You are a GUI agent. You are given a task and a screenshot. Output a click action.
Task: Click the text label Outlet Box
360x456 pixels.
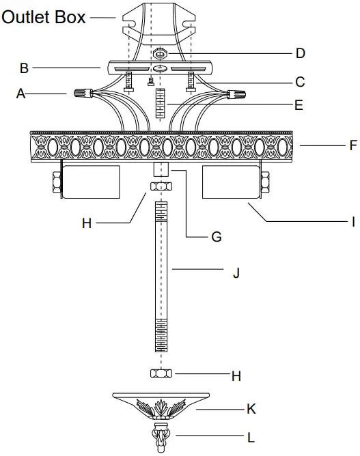click(x=44, y=16)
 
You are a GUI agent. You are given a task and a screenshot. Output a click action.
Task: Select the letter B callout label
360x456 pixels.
click(x=24, y=68)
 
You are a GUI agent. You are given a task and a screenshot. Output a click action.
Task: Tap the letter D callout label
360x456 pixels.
click(x=300, y=53)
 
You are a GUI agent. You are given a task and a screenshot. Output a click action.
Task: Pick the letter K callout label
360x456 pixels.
click(x=251, y=410)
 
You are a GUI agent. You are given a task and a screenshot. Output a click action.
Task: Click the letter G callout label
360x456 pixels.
click(x=217, y=237)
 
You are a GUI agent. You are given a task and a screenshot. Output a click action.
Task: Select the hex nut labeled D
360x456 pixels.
click(x=161, y=53)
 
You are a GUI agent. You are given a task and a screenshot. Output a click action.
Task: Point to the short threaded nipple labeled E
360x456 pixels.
click(x=161, y=102)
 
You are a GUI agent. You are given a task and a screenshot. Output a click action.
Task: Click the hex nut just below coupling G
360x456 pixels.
click(x=161, y=187)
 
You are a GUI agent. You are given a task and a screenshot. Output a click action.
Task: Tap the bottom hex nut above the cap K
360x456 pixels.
click(x=161, y=373)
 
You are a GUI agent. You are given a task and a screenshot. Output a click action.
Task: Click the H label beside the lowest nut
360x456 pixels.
click(x=236, y=375)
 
